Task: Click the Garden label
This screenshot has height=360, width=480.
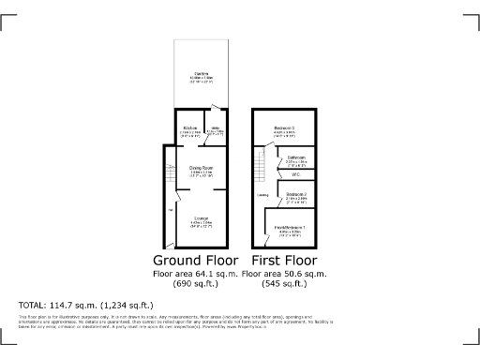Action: tap(201, 74)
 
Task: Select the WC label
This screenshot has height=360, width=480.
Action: tap(295, 174)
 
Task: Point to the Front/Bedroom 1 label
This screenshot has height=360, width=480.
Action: tap(289, 229)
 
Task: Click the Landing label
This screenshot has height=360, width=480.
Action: tap(262, 195)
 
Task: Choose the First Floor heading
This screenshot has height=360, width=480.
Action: tap(284, 260)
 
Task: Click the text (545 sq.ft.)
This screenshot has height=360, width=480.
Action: tap(284, 285)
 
